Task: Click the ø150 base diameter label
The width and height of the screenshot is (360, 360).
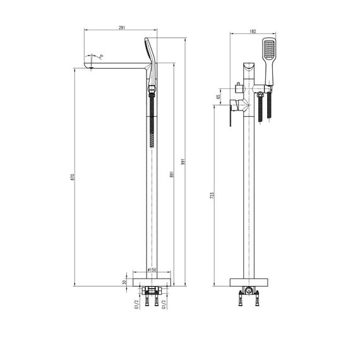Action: [x=152, y=270]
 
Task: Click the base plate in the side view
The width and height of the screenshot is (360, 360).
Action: [x=152, y=281]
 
